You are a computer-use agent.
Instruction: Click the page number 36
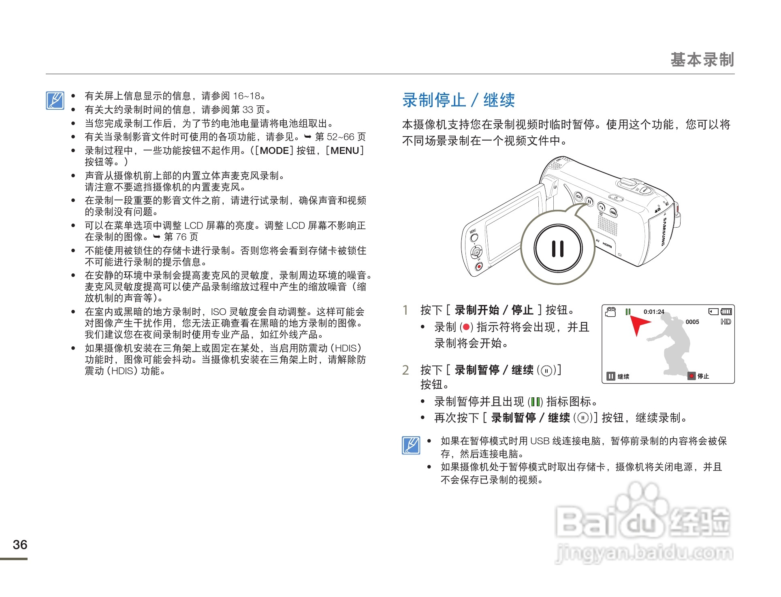[20, 544]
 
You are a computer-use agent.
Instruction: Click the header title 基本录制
[702, 60]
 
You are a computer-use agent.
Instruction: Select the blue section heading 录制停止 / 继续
[459, 100]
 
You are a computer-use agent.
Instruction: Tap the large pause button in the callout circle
[558, 248]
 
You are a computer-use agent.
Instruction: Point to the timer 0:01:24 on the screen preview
[654, 311]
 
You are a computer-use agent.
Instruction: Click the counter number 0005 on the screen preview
[692, 322]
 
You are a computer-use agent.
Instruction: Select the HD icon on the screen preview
[726, 322]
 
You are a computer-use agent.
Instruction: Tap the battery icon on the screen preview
[726, 311]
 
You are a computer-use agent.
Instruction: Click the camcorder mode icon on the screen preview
[610, 311]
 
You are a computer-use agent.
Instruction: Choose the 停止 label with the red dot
[699, 376]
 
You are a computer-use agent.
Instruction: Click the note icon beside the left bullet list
[55, 101]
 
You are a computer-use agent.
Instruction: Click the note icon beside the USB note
[411, 446]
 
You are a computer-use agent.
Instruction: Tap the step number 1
[405, 310]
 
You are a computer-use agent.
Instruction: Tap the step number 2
[405, 370]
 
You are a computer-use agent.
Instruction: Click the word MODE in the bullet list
[274, 151]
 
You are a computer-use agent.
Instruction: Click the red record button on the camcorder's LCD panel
[479, 266]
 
